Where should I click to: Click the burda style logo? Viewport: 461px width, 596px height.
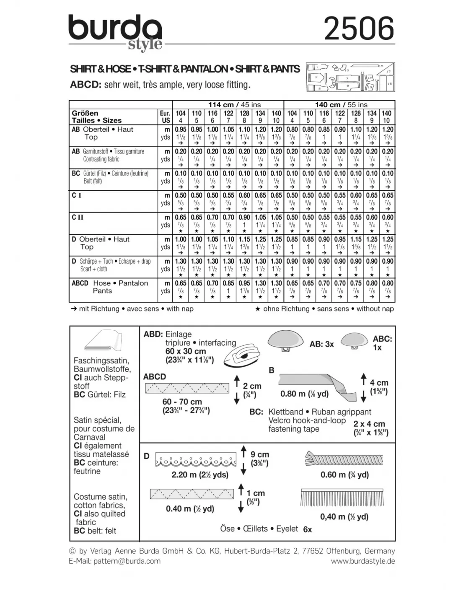click(115, 31)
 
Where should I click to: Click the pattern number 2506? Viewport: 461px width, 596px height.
click(359, 29)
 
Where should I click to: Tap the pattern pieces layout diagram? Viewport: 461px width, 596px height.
click(350, 77)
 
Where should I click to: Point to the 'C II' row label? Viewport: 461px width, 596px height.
click(78, 217)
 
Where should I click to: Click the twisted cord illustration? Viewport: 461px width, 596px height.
click(344, 459)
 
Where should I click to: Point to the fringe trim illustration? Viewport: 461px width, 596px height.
click(342, 498)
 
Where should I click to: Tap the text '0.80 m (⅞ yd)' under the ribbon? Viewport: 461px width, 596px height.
click(304, 394)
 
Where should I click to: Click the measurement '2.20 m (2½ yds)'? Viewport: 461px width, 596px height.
click(200, 475)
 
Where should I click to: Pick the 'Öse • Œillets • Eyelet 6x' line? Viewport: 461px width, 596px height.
click(266, 529)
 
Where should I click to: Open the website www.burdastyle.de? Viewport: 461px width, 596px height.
click(363, 561)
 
